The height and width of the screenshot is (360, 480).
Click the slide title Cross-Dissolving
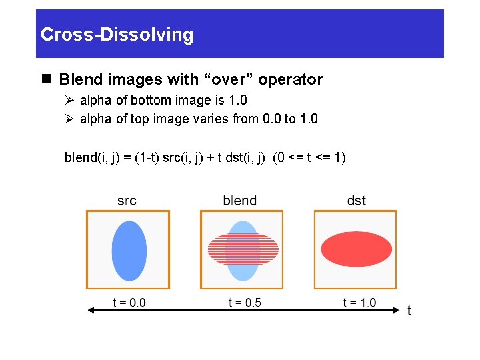pos(117,35)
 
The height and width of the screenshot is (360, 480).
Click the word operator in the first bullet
pos(290,80)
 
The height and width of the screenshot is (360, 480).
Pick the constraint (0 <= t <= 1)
pos(310,158)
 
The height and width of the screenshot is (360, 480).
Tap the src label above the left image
pos(127,200)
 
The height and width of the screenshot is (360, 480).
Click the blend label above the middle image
pos(240,200)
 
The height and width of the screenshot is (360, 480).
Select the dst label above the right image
pos(356,200)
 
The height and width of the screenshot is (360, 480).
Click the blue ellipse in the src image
pos(129,250)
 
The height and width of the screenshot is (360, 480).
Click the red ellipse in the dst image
pos(356,249)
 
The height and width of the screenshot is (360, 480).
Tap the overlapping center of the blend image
pos(243,250)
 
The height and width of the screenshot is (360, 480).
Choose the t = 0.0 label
pos(129,303)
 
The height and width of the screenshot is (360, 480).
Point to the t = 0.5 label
pos(244,303)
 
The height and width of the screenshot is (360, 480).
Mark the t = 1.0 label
pos(359,303)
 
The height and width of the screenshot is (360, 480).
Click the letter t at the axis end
pos(409,311)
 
